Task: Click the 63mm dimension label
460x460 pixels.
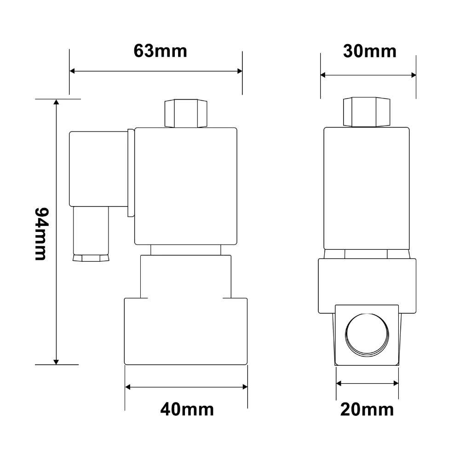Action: tap(160, 51)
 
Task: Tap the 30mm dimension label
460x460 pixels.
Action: tap(370, 52)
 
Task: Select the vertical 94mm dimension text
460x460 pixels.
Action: tap(41, 234)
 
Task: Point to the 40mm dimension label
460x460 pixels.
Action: tap(187, 409)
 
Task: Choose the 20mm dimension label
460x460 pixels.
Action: tap(367, 409)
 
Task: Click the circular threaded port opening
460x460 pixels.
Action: tap(367, 335)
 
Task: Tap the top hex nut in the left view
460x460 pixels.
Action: tap(186, 113)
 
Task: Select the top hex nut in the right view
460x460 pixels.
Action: tap(367, 112)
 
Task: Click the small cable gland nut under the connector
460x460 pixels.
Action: tap(91, 258)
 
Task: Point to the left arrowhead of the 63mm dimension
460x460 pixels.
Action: tap(72, 71)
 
